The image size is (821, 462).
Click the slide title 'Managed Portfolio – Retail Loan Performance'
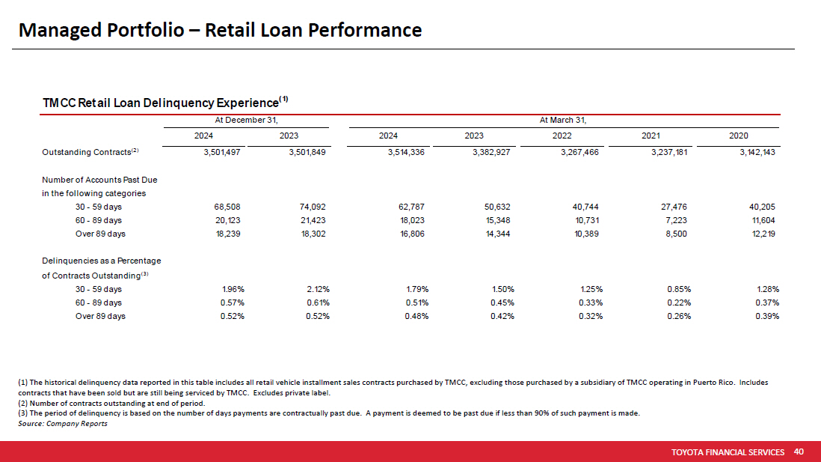pyautogui.click(x=220, y=30)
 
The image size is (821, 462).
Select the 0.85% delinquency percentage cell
pyautogui.click(x=679, y=289)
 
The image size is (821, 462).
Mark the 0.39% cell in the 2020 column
pyautogui.click(x=768, y=316)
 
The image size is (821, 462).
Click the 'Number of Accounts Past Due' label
pyautogui.click(x=99, y=180)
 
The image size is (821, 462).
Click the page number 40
pyautogui.click(x=799, y=452)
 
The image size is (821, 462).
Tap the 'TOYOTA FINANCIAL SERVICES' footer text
pyautogui.click(x=728, y=452)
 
